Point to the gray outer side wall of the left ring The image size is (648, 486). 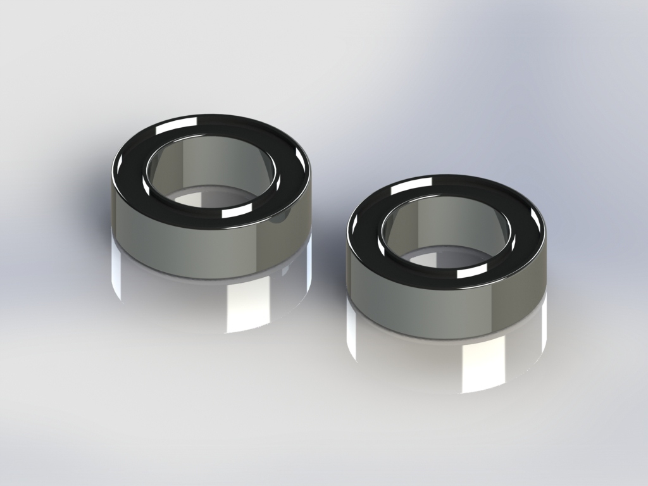(190, 250)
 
